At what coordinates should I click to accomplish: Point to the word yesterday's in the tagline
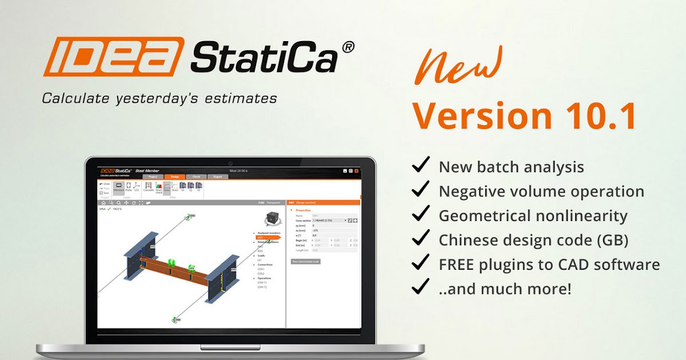[x=170, y=98]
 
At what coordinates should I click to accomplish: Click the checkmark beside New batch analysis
[x=421, y=166]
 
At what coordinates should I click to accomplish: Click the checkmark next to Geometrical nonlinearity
[x=421, y=215]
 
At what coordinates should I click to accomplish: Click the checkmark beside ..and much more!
[x=421, y=287]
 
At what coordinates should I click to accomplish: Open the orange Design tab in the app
[x=175, y=177]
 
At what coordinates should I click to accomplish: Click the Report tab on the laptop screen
[x=218, y=177]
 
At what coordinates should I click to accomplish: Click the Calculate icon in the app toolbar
[x=149, y=187]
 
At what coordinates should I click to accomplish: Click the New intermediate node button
[x=306, y=261]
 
